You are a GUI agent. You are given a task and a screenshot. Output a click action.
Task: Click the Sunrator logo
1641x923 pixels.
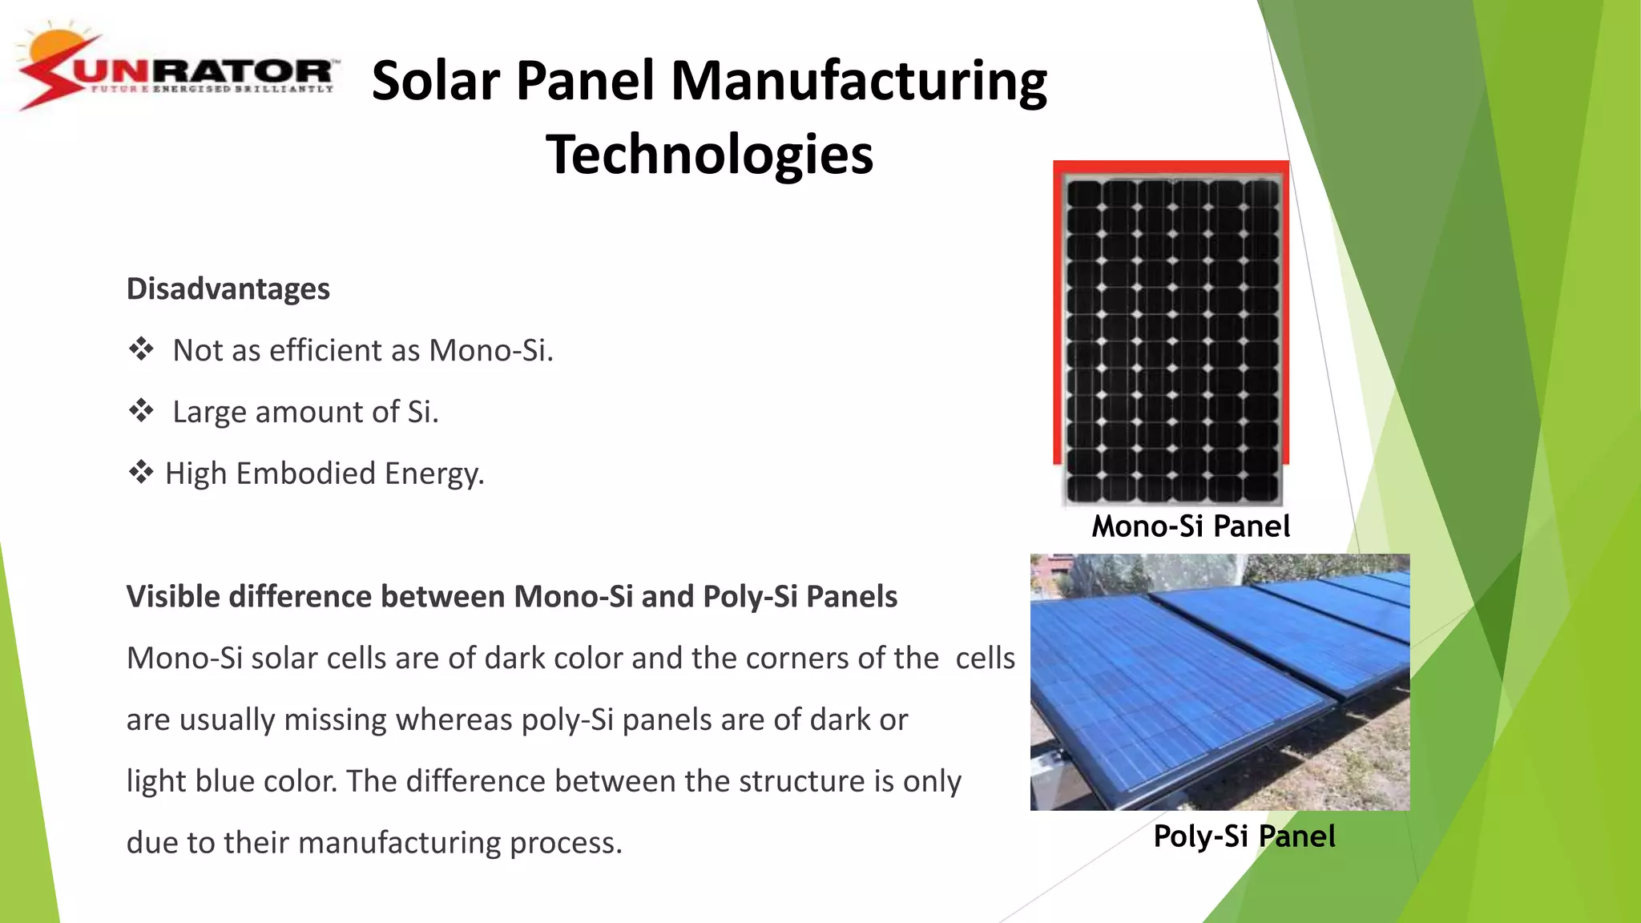click(x=178, y=71)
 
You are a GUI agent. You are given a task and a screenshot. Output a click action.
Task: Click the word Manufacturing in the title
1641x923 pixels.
click(x=858, y=81)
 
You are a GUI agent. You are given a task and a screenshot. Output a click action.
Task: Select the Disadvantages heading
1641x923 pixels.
click(x=228, y=288)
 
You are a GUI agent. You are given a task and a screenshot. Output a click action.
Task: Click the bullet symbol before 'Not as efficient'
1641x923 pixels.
click(x=142, y=349)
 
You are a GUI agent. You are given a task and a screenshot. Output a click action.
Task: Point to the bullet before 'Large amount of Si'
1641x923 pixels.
click(x=142, y=411)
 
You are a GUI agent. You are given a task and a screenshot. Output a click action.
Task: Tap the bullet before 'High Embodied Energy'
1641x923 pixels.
click(x=141, y=473)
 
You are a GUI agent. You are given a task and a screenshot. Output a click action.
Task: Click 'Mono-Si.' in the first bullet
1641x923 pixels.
click(x=490, y=350)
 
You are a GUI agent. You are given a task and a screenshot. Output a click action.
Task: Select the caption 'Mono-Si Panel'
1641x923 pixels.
click(x=1191, y=526)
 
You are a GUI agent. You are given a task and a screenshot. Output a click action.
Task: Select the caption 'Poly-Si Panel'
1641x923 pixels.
click(x=1244, y=836)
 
